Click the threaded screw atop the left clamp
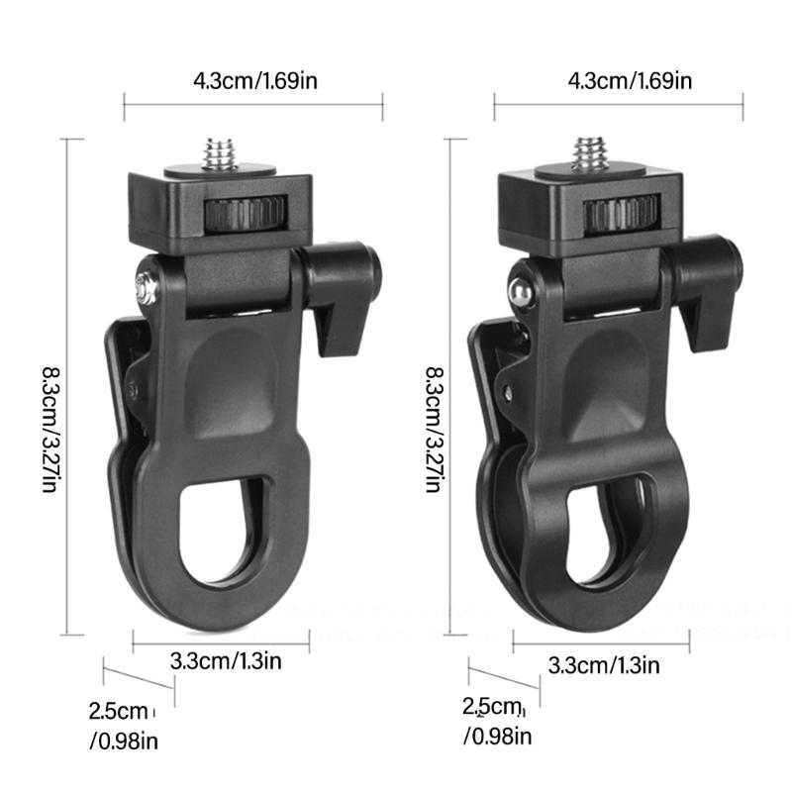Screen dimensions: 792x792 (219, 154)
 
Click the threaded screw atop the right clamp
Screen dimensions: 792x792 (590, 154)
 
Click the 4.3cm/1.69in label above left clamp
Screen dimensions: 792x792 (252, 80)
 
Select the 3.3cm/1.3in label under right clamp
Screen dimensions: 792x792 (603, 664)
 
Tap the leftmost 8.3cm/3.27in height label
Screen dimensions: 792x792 (49, 431)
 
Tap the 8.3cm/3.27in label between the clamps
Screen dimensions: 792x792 (433, 431)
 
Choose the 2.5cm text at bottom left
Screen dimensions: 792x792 (118, 710)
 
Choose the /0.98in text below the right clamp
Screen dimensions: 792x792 (498, 737)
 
